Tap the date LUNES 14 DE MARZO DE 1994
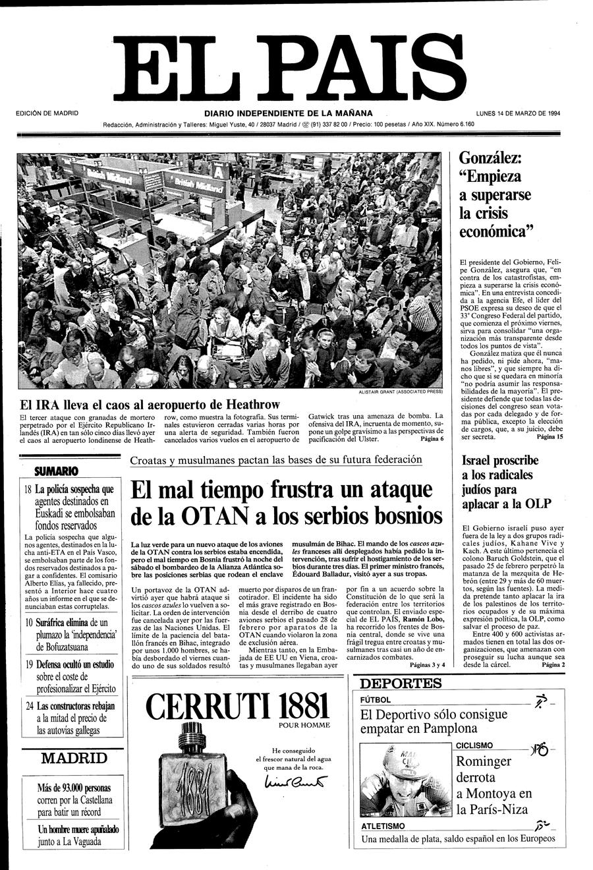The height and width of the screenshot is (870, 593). click(x=518, y=113)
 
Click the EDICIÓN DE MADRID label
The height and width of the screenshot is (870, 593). click(x=47, y=113)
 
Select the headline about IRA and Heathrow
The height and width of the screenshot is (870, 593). click(x=150, y=405)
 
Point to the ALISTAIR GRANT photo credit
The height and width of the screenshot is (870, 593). click(x=400, y=391)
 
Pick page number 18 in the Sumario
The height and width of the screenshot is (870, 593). click(x=28, y=490)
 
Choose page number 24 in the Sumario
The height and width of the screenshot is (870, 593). click(x=30, y=706)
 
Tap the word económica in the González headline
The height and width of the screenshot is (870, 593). click(x=495, y=232)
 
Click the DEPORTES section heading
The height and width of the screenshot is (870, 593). click(x=401, y=683)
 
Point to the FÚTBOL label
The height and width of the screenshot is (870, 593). click(x=376, y=699)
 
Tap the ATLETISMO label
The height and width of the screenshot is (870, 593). click(x=383, y=826)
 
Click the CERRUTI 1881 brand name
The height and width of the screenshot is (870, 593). click(x=238, y=707)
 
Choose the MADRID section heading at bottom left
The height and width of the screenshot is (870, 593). click(x=73, y=758)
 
